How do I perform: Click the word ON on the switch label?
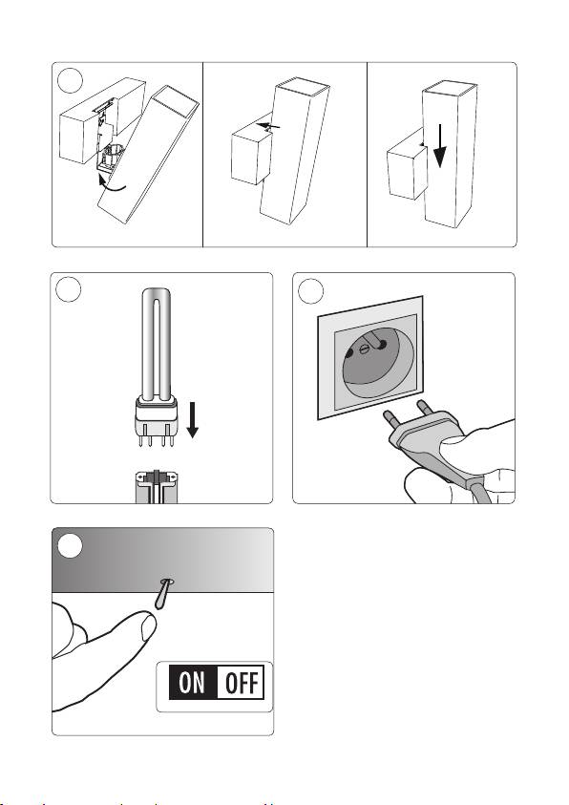pos(192,683)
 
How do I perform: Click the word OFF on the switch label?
pos(242,683)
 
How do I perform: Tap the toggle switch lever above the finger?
pos(163,593)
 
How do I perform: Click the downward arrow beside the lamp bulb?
pos(193,420)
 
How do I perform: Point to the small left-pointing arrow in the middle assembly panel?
pos(269,125)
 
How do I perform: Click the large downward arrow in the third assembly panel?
pos(440,146)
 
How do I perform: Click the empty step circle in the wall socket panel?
pos(310,291)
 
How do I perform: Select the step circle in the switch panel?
pos(70,545)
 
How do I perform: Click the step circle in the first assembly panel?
pos(70,80)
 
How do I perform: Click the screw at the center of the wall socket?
pos(365,350)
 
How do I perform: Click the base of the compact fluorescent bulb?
pos(157,418)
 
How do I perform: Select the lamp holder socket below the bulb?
pos(157,486)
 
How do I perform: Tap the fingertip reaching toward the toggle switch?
pos(148,626)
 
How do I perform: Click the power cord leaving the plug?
pos(478,492)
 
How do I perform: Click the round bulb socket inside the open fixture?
pos(113,155)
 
